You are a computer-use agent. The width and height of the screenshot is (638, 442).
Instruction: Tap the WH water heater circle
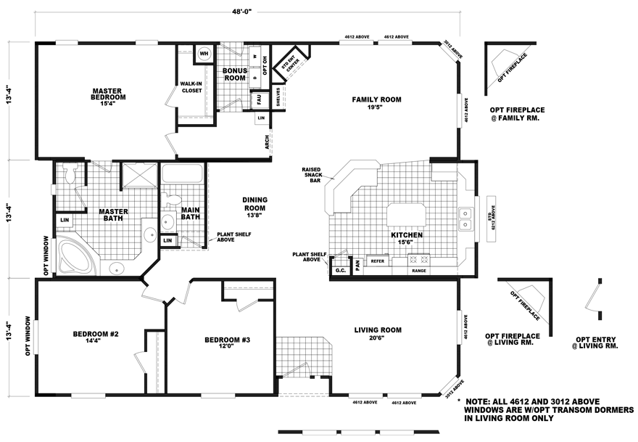[204, 54]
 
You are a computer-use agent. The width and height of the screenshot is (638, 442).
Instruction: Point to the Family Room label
[376, 103]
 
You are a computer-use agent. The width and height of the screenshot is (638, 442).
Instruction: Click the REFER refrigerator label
[377, 260]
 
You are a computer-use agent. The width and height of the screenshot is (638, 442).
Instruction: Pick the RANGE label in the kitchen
[420, 270]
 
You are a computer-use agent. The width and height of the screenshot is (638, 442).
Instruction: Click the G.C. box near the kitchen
[340, 269]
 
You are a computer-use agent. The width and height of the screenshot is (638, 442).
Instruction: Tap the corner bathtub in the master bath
[75, 253]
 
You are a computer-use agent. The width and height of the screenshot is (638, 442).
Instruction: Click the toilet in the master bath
[70, 174]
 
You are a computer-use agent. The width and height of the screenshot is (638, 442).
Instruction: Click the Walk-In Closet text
[190, 88]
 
